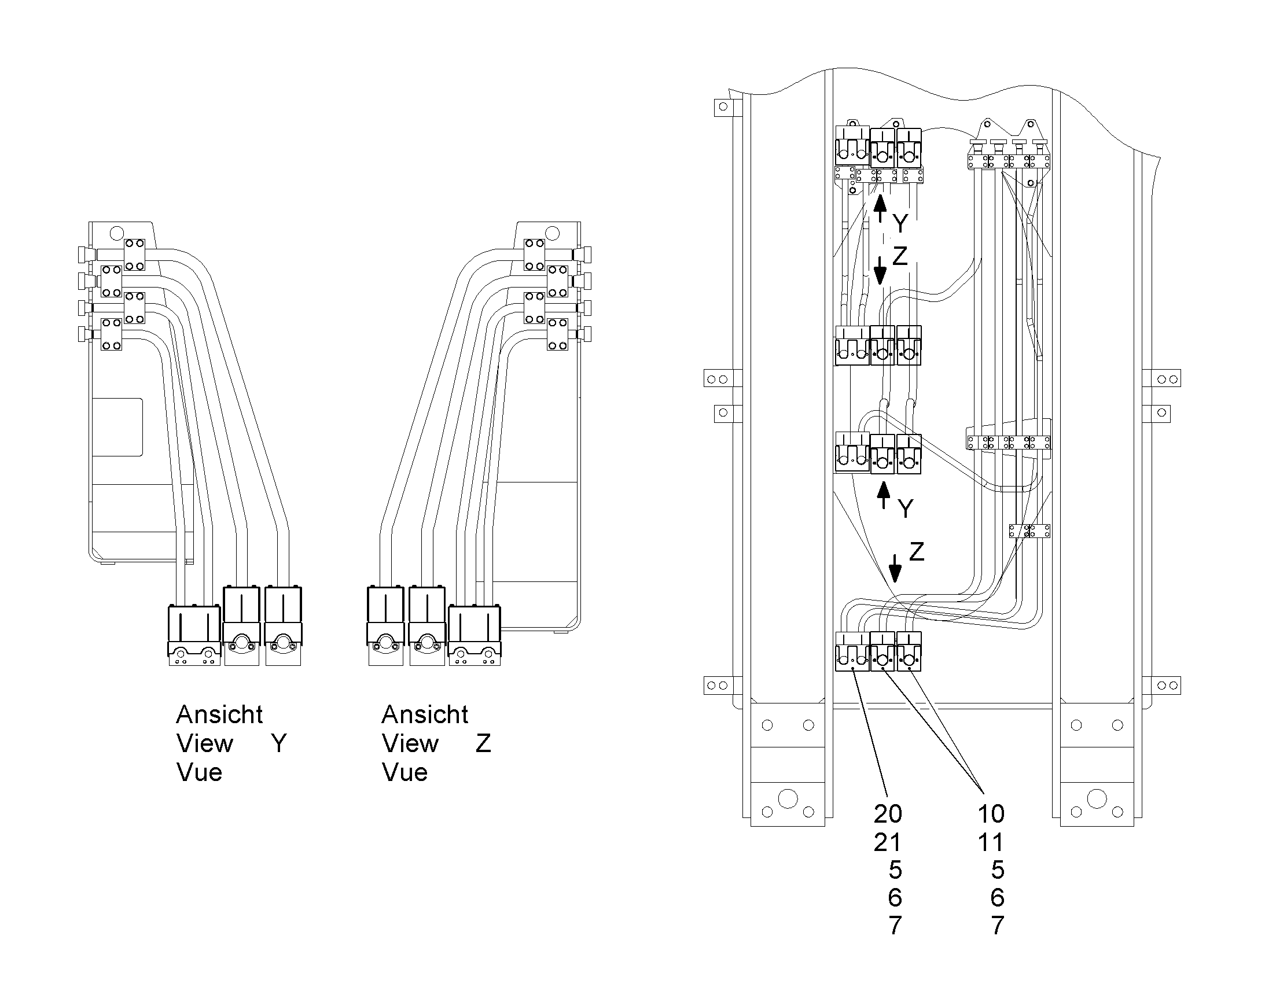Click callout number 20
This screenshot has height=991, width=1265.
coord(888,814)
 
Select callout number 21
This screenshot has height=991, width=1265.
coord(887,842)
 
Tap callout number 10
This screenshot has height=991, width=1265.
coord(991,814)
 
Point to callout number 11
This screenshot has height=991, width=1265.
coord(991,842)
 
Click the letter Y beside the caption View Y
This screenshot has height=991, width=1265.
coord(279,743)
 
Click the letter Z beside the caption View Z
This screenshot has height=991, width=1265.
coord(483,743)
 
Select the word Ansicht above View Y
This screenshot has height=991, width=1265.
coord(219,714)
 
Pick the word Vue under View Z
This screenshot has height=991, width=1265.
coord(404,772)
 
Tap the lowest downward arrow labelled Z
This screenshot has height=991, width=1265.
coord(896,568)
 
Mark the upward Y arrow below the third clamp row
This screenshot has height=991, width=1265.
coord(884,495)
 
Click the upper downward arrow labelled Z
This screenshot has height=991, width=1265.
coord(880,270)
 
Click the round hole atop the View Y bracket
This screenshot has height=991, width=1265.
coord(116,233)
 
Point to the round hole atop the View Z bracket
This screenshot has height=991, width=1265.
coord(553,234)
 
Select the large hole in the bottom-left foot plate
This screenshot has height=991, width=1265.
coord(788,798)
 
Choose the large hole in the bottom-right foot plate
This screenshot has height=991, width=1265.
coord(1097,798)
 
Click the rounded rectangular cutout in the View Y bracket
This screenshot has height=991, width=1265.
coord(118,427)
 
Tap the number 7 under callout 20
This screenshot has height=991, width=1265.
coord(895,926)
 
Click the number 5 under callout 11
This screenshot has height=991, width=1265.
coord(998,870)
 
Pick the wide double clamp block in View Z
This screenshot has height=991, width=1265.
coord(475,635)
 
